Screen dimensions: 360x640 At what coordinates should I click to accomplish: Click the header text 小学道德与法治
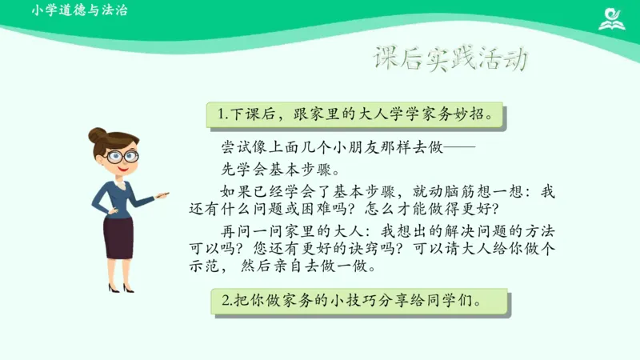[x=80, y=11]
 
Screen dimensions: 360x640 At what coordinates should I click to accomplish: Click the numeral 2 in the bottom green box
[x=226, y=302]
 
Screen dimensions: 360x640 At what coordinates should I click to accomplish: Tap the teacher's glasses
[x=122, y=157]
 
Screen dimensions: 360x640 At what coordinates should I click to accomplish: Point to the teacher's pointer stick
[x=162, y=194]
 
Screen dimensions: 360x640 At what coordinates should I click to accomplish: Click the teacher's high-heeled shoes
[x=121, y=287]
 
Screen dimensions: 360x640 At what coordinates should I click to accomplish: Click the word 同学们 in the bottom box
[x=456, y=302]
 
